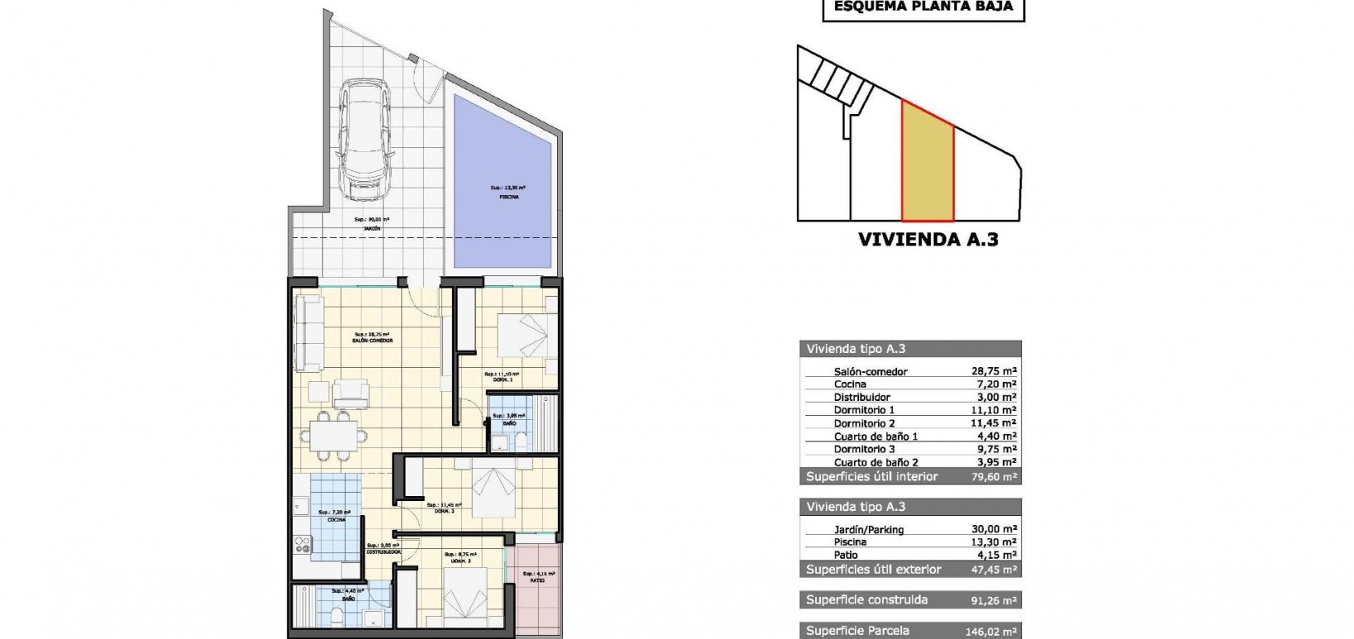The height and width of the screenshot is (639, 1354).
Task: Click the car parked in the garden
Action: (x=364, y=140)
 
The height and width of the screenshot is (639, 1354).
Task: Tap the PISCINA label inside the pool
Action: (x=503, y=197)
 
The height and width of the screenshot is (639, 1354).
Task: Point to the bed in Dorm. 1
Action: (x=522, y=336)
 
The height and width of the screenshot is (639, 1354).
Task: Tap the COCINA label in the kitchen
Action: (x=336, y=519)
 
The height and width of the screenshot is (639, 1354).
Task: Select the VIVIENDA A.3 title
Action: (x=928, y=241)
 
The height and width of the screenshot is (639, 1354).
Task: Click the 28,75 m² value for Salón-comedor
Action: (x=994, y=372)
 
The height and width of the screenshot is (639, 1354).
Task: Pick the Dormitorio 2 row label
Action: (x=865, y=423)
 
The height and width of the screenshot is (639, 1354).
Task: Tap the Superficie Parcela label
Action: (x=858, y=631)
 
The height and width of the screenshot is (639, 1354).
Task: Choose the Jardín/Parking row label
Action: (x=869, y=529)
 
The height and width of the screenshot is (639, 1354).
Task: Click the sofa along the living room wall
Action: (x=309, y=333)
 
